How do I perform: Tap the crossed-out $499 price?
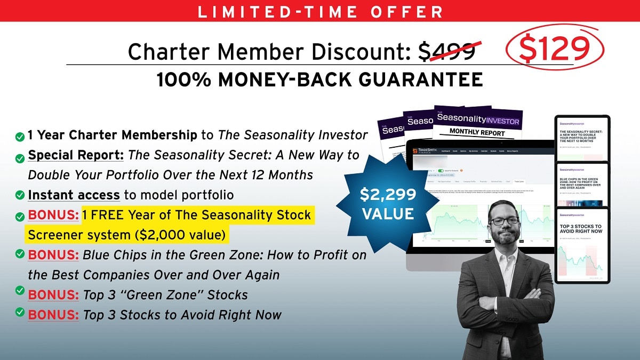tap(447, 51)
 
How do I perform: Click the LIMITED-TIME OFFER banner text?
tap(320, 11)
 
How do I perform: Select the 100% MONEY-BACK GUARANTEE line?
tap(320, 80)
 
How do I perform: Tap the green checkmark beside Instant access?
tap(20, 195)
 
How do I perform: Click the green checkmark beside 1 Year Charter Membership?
tap(20, 137)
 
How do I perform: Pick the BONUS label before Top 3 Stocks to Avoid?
tap(53, 315)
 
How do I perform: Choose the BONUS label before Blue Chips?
tap(53, 255)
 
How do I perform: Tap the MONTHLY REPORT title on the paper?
tap(478, 131)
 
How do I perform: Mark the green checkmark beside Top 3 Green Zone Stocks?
tap(20, 291)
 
